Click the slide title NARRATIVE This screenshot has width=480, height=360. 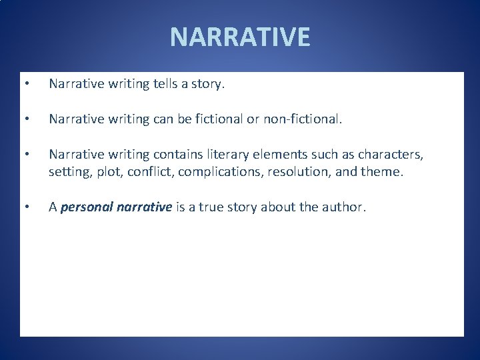point(240,37)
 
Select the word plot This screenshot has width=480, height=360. point(106,172)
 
